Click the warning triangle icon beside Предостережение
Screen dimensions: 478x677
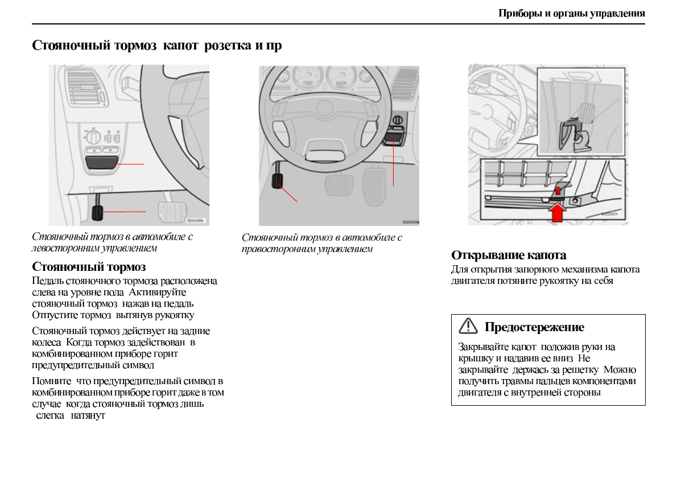(x=468, y=326)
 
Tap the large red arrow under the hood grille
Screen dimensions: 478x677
(x=559, y=212)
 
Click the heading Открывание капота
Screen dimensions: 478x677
(x=509, y=255)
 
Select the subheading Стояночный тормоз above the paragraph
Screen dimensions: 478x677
(x=89, y=266)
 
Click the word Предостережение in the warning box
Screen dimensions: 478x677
(x=534, y=327)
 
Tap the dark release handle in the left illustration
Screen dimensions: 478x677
(x=102, y=163)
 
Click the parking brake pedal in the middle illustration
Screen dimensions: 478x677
(x=278, y=182)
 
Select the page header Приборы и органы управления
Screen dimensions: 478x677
(x=572, y=14)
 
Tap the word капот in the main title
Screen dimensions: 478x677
(x=180, y=45)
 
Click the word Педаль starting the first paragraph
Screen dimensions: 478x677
(x=48, y=281)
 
